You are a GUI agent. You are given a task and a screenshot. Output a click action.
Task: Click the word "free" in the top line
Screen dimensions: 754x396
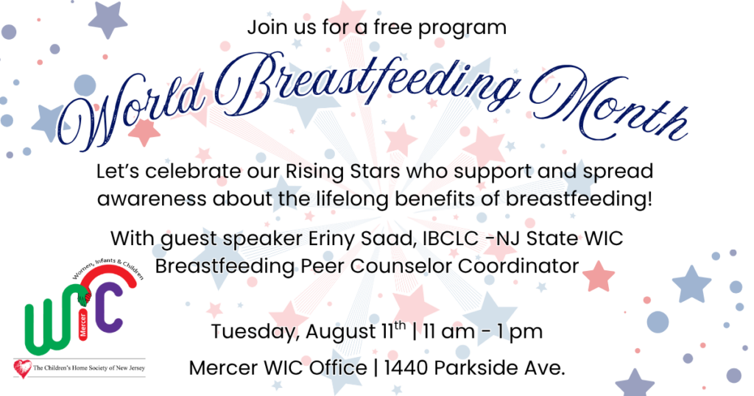(392, 27)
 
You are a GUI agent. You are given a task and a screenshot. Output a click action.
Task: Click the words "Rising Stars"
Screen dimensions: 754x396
(343, 172)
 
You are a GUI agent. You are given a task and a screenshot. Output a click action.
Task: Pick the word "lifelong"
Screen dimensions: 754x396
(351, 199)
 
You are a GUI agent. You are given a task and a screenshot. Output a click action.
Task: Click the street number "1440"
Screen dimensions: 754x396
(406, 368)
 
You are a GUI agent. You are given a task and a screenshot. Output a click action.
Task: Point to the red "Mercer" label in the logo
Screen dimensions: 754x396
(83, 325)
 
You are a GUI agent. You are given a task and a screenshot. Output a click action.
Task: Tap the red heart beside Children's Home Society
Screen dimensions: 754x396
(23, 369)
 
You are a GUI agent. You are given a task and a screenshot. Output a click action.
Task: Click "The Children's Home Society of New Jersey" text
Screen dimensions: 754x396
(89, 368)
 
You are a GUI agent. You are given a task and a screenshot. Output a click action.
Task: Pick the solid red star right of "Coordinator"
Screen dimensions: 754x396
(599, 276)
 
